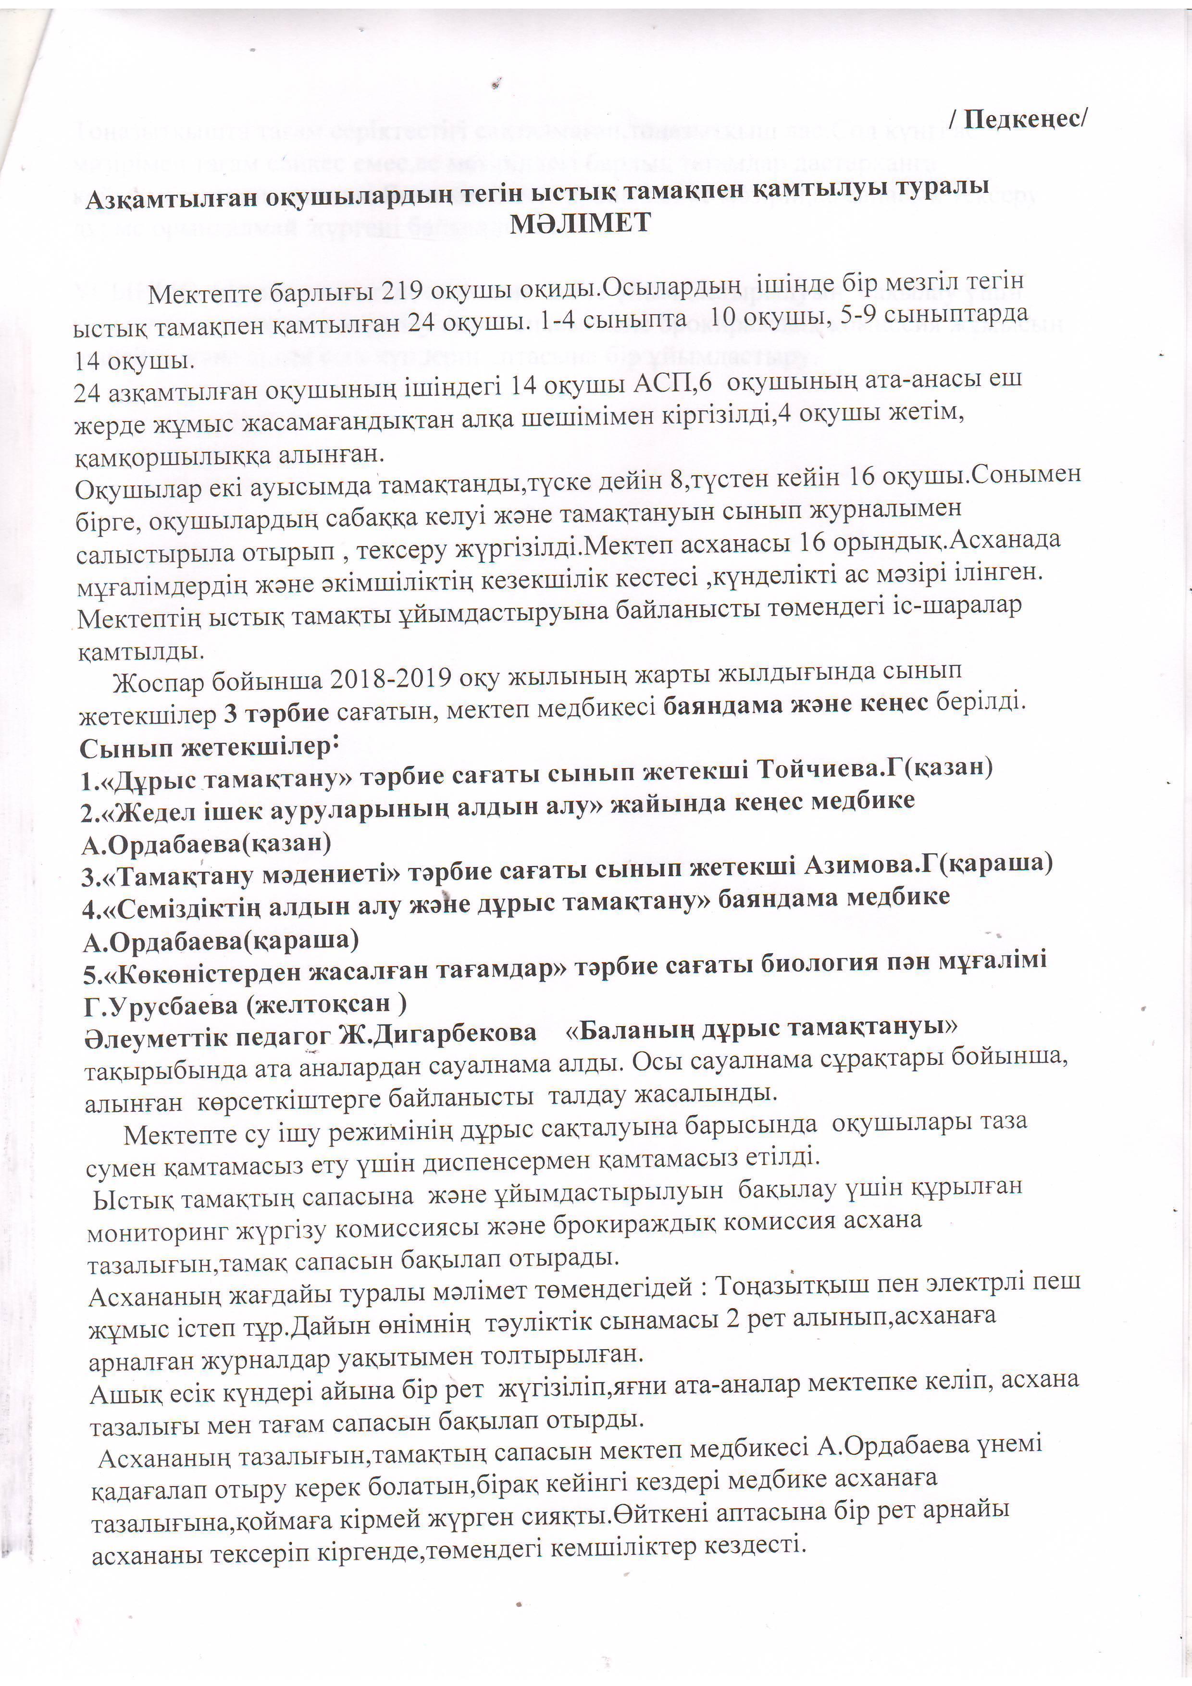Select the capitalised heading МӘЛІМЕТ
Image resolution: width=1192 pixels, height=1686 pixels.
(580, 223)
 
